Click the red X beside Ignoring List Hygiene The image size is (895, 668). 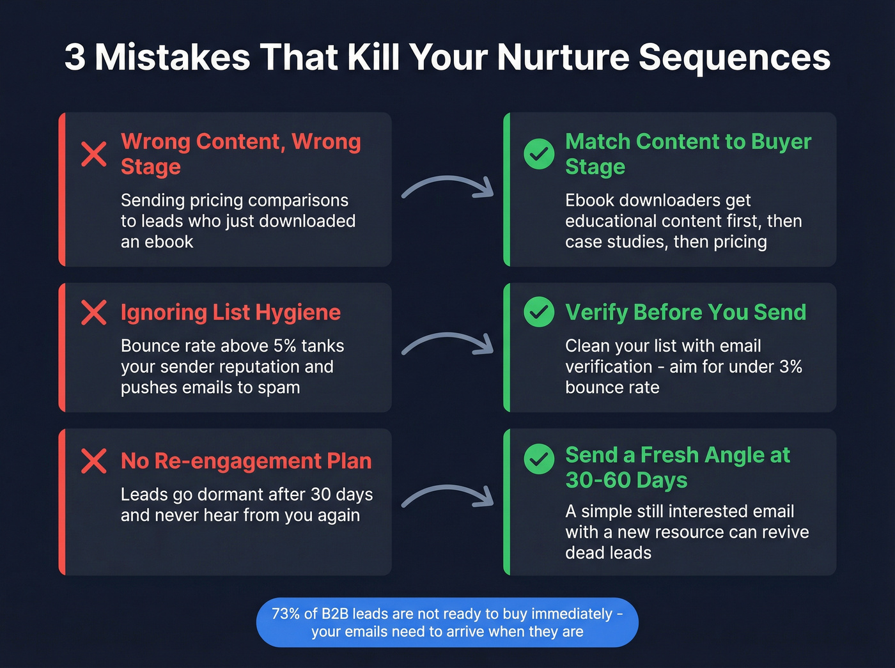pos(94,313)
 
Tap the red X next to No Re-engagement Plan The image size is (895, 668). pos(94,461)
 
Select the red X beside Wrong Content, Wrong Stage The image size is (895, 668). pos(94,154)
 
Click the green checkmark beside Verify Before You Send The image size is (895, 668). pos(539,312)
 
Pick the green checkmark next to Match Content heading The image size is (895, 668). pos(539,154)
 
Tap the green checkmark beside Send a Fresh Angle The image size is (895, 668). pos(539,459)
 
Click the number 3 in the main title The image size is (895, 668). pos(75,58)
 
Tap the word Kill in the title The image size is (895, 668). pos(373,58)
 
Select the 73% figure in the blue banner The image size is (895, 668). pos(285,614)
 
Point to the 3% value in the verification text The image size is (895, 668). pos(790,366)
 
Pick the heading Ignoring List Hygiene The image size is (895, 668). pos(231,313)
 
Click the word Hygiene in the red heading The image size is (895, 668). pos(298,313)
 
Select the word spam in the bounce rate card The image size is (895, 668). pos(279,387)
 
